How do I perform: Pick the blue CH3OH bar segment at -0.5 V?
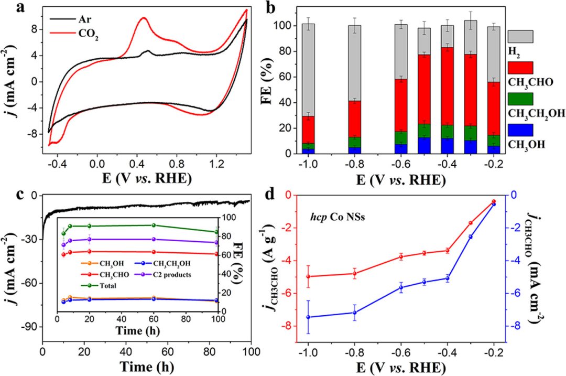tap(424, 145)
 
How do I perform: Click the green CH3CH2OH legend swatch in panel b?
tap(520, 98)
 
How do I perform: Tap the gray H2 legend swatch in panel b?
tap(520, 36)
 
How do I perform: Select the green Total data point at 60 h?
tap(154, 225)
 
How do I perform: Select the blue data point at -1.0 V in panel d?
tap(308, 317)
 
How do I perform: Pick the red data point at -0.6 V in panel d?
tap(401, 256)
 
